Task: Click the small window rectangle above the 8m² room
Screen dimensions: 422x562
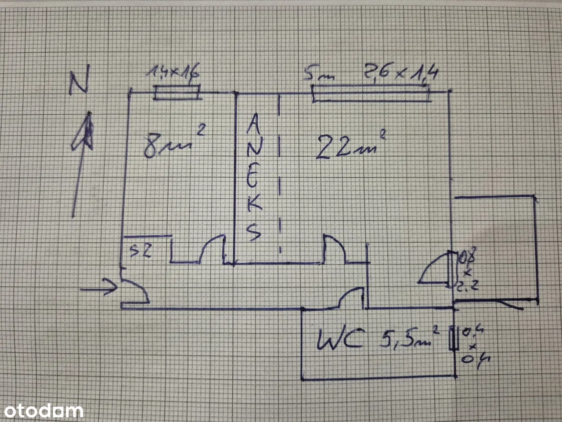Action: pos(177,93)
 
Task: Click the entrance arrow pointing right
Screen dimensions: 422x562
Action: pos(104,288)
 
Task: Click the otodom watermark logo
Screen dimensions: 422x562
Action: pos(41,411)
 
